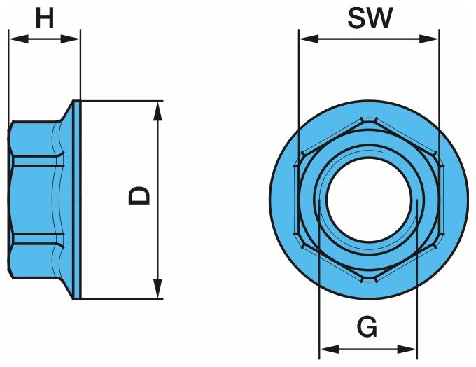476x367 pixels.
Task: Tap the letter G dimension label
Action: click(x=367, y=326)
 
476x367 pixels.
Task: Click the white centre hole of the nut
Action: click(x=368, y=199)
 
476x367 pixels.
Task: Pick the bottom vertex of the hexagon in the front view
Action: click(x=368, y=279)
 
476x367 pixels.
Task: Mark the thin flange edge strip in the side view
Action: click(x=79, y=200)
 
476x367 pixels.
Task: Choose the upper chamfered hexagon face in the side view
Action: click(x=35, y=140)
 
